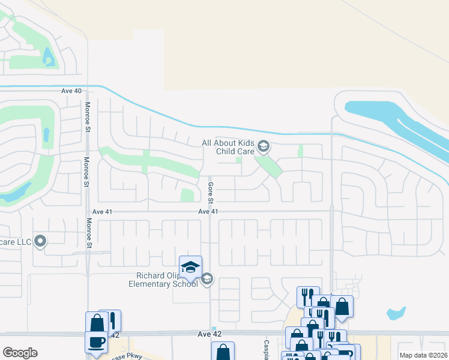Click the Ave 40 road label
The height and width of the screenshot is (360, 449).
click(71, 91)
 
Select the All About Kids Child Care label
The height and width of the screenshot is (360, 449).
click(228, 147)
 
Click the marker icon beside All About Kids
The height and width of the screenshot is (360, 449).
click(263, 146)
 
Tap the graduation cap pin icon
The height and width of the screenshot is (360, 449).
click(190, 268)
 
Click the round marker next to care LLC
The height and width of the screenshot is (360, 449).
click(40, 241)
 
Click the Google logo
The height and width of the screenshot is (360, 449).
click(20, 353)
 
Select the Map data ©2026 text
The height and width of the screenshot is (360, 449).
click(423, 355)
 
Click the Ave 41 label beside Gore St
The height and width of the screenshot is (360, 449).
click(208, 212)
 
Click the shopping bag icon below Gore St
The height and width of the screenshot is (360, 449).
click(223, 352)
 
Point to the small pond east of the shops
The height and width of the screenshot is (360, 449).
click(396, 313)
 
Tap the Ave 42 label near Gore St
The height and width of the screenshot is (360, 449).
click(210, 334)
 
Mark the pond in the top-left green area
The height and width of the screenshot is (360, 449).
click(47, 58)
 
